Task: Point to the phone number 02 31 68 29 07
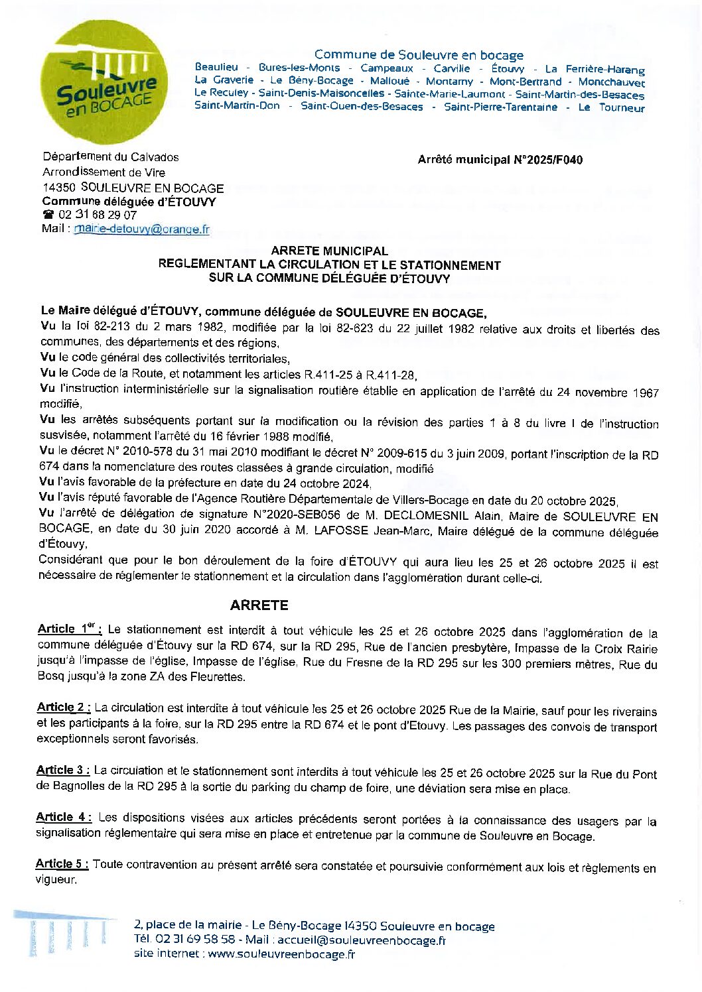98,215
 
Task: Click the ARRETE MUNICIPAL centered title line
329,251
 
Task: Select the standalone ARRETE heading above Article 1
259,605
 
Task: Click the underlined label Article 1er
69,629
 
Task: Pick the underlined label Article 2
63,707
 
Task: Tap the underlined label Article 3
63,770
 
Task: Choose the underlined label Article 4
63,817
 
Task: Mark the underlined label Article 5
62,863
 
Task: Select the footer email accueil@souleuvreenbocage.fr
361,940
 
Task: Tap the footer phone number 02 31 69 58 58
194,940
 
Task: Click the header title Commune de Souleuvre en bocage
419,55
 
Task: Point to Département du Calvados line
111,157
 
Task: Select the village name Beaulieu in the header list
216,68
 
